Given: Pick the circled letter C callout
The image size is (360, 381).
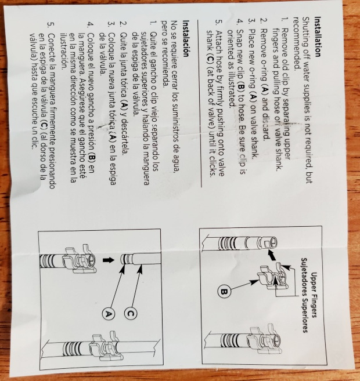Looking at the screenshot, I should pyautogui.click(x=129, y=313).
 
